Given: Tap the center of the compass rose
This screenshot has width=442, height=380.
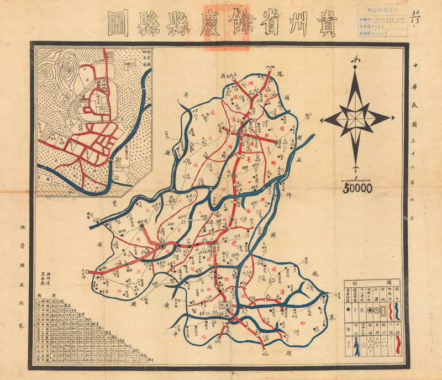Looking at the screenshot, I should click(x=356, y=118).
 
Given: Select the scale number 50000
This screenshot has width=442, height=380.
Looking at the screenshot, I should click(x=356, y=188).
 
